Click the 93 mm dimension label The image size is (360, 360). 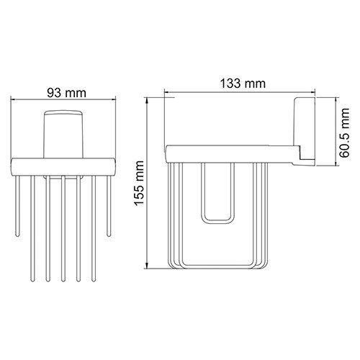tap(66, 93)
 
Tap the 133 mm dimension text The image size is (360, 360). tap(243, 84)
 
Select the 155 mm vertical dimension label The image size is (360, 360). tap(139, 183)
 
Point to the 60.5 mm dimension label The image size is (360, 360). tap(344, 132)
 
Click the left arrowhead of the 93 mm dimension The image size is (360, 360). tap(13, 99)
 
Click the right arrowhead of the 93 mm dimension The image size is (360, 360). tap(114, 99)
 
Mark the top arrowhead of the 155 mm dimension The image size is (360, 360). tap(147, 100)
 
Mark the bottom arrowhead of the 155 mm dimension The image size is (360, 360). tap(147, 266)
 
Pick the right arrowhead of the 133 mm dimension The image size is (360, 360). tap(312, 92)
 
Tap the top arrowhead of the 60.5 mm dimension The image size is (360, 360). tap(336, 100)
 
